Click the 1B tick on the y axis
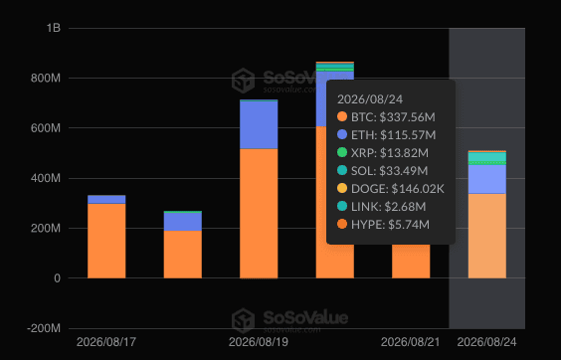pos(54,28)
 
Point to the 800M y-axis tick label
pos(46,78)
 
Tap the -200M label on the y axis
pos(44,328)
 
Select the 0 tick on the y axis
pos(58,278)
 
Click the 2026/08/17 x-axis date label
pos(106,342)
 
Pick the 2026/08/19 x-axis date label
pos(259,342)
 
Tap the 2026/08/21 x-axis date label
pos(411,342)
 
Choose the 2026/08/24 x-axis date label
pos(487,342)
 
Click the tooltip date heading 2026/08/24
pos(370,99)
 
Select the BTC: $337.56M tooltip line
pos(386,117)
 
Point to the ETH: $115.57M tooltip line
pos(387,135)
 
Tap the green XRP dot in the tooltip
pos(342,152)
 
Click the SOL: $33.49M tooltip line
pos(383,171)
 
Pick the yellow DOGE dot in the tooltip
pos(342,188)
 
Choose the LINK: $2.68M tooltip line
pos(382,207)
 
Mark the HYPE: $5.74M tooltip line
pos(383,225)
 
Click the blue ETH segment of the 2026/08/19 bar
pos(259,125)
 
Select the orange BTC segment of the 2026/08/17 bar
pos(106,241)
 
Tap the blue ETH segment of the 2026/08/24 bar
pos(487,179)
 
